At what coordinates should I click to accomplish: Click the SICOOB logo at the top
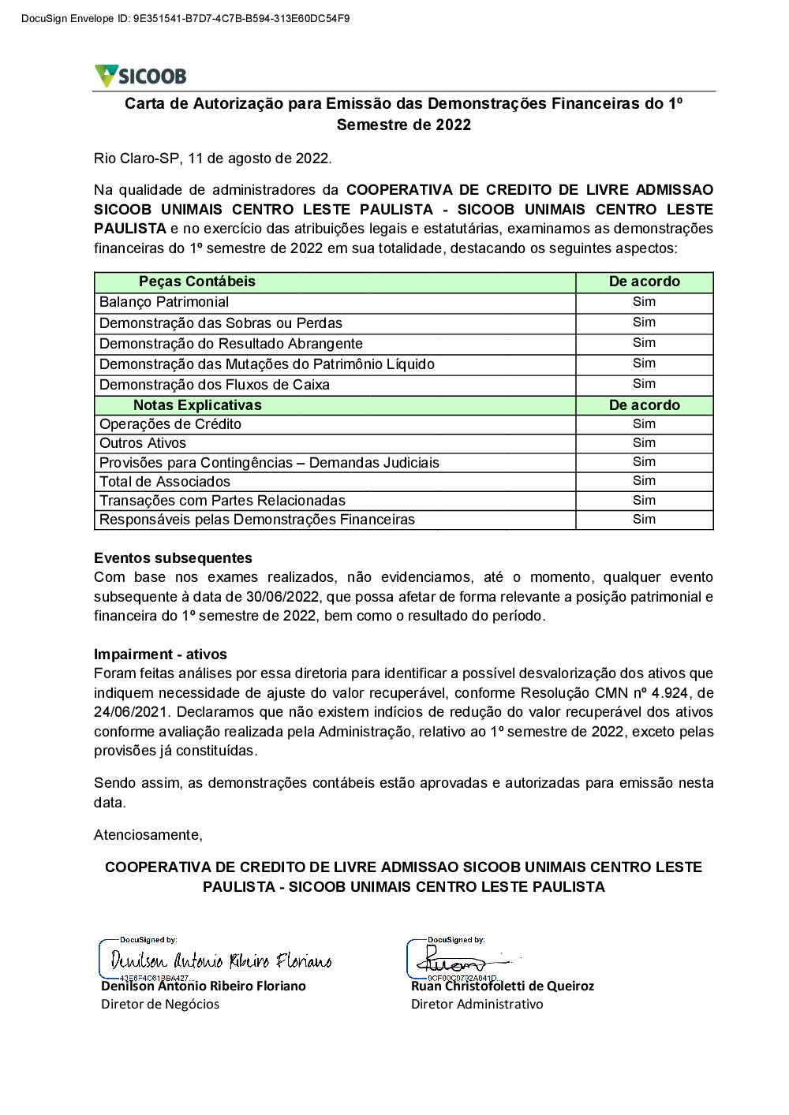[x=140, y=76]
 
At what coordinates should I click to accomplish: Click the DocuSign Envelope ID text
[x=174, y=17]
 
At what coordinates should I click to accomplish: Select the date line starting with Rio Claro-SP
[x=213, y=158]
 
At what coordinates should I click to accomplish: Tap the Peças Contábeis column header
[x=197, y=282]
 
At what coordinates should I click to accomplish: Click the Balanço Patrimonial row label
[x=164, y=302]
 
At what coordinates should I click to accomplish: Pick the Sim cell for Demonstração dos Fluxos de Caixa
[x=644, y=384]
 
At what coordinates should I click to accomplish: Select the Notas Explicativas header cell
[x=197, y=405]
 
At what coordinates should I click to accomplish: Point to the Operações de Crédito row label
[x=170, y=424]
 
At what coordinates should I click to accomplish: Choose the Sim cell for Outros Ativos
[x=644, y=443]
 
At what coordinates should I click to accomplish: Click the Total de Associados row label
[x=165, y=482]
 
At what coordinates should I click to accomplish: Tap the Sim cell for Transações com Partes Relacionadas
[x=644, y=501]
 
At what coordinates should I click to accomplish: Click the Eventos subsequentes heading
[x=173, y=558]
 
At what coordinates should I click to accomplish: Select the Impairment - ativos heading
[x=160, y=654]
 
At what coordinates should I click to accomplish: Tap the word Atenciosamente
[x=148, y=834]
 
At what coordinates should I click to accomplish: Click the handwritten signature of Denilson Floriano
[x=221, y=960]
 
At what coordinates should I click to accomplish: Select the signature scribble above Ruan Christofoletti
[x=458, y=961]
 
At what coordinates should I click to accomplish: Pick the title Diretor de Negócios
[x=160, y=1005]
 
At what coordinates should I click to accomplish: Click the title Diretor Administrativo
[x=477, y=1005]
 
